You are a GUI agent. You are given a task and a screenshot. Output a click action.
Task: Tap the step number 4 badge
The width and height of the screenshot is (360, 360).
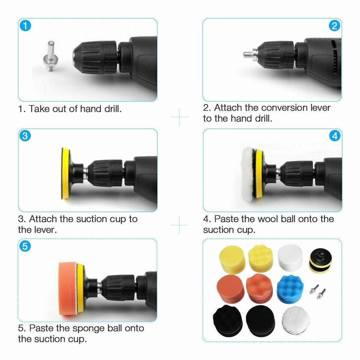point(335,136)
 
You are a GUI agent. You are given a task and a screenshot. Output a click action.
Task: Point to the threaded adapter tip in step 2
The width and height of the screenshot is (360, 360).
point(246,54)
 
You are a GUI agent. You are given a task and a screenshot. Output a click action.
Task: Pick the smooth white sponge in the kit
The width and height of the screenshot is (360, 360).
point(290,257)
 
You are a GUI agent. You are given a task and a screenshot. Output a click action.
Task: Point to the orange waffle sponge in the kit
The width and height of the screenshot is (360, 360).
point(259,287)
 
